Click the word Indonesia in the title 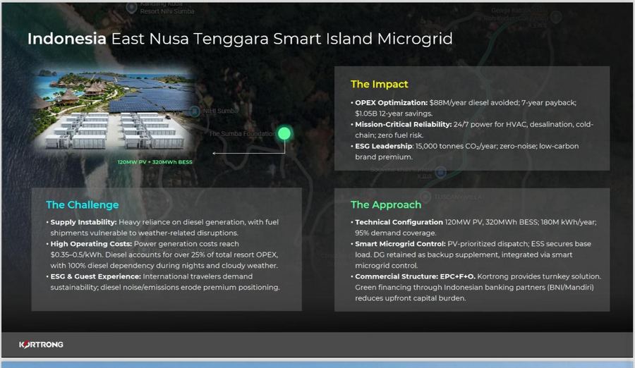[x=67, y=39]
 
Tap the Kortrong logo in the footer [x=41, y=344]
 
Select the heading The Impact [x=380, y=84]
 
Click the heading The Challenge [x=83, y=205]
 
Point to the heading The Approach [x=386, y=205]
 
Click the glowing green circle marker [x=284, y=133]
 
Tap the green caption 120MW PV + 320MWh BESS [x=155, y=162]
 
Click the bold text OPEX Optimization [x=391, y=103]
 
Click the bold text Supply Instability [x=83, y=223]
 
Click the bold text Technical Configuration [x=399, y=223]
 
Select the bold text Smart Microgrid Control [x=400, y=244]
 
